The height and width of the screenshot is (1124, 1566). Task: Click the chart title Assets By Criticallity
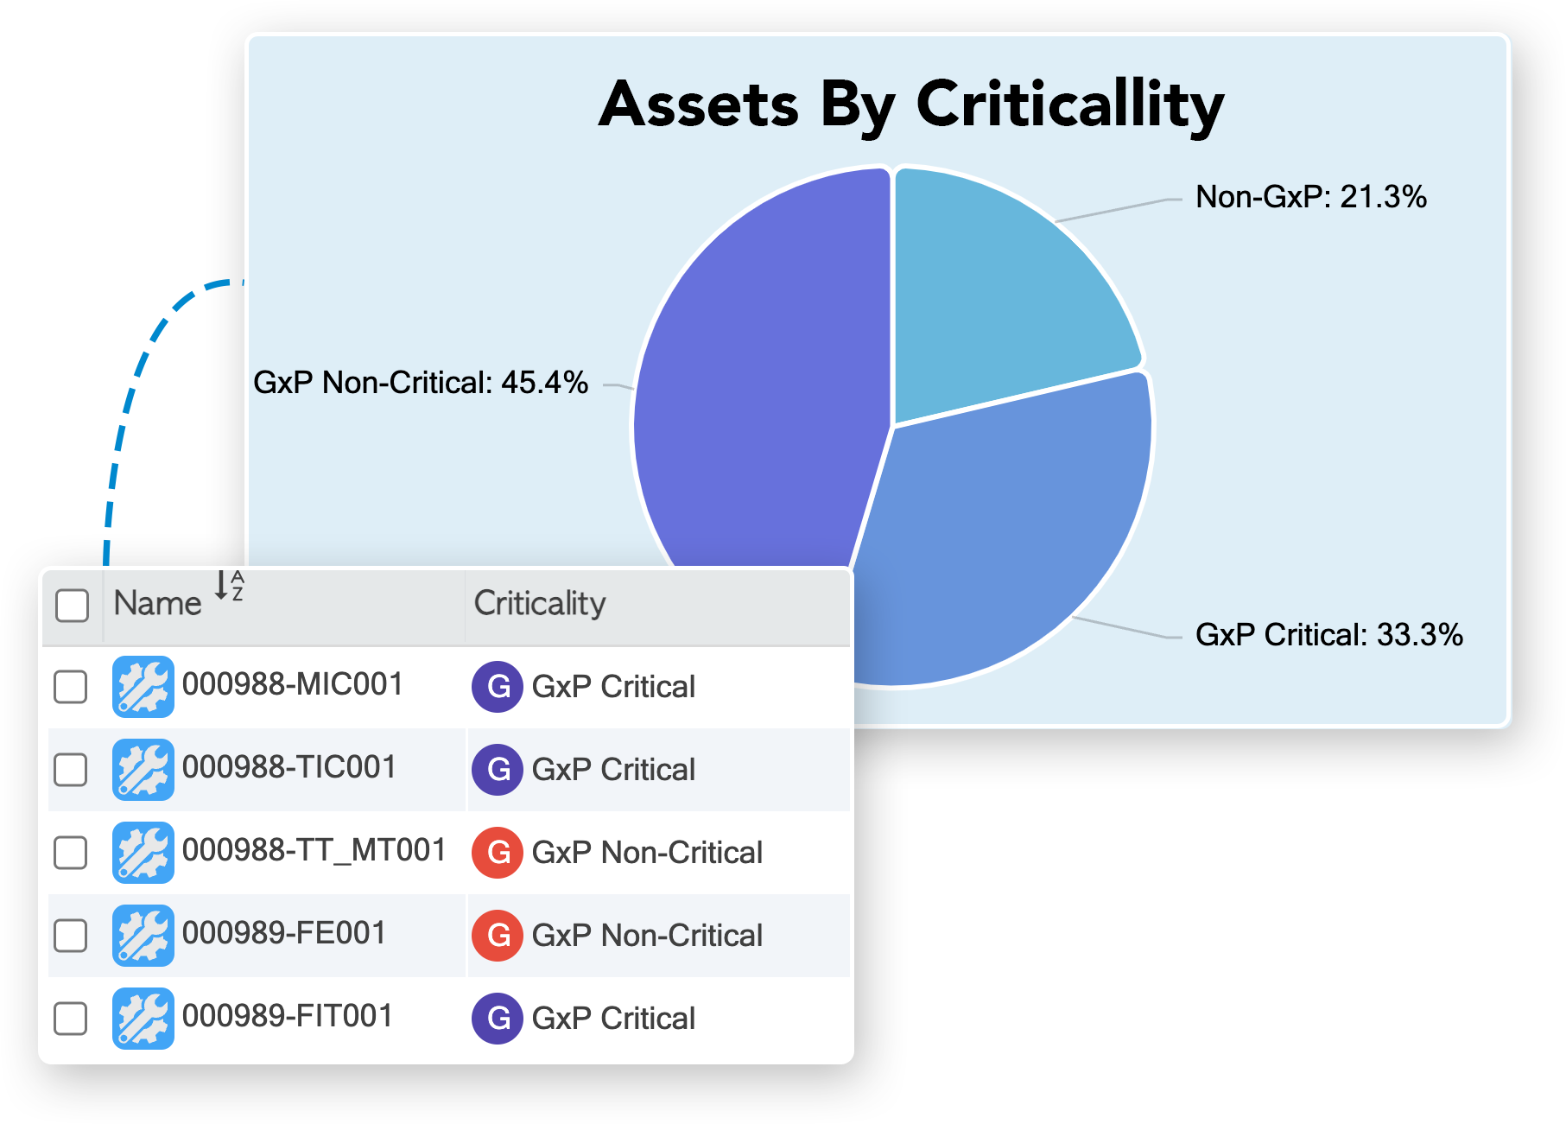911,105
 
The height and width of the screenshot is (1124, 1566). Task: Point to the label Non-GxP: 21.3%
1310,197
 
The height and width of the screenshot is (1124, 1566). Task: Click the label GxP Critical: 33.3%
1328,635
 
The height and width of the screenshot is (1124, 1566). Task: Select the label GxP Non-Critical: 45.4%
421,383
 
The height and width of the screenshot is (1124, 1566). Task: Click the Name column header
157,603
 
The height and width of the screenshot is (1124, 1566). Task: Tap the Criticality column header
540,603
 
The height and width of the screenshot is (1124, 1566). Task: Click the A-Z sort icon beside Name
229,586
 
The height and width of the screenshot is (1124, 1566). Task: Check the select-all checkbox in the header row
72,605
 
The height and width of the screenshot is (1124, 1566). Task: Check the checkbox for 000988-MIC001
70,687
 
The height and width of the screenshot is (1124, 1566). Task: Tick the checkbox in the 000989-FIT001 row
70,1018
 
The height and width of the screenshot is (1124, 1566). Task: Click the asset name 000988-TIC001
289,767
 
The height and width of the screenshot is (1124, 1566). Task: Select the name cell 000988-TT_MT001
314,850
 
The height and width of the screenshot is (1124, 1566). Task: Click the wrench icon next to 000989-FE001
143,936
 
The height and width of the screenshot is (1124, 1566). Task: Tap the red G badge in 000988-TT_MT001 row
498,853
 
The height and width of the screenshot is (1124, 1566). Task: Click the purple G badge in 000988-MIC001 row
498,687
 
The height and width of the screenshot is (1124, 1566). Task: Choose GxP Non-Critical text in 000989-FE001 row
647,936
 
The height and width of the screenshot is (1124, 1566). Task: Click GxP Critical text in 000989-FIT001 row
613,1019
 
